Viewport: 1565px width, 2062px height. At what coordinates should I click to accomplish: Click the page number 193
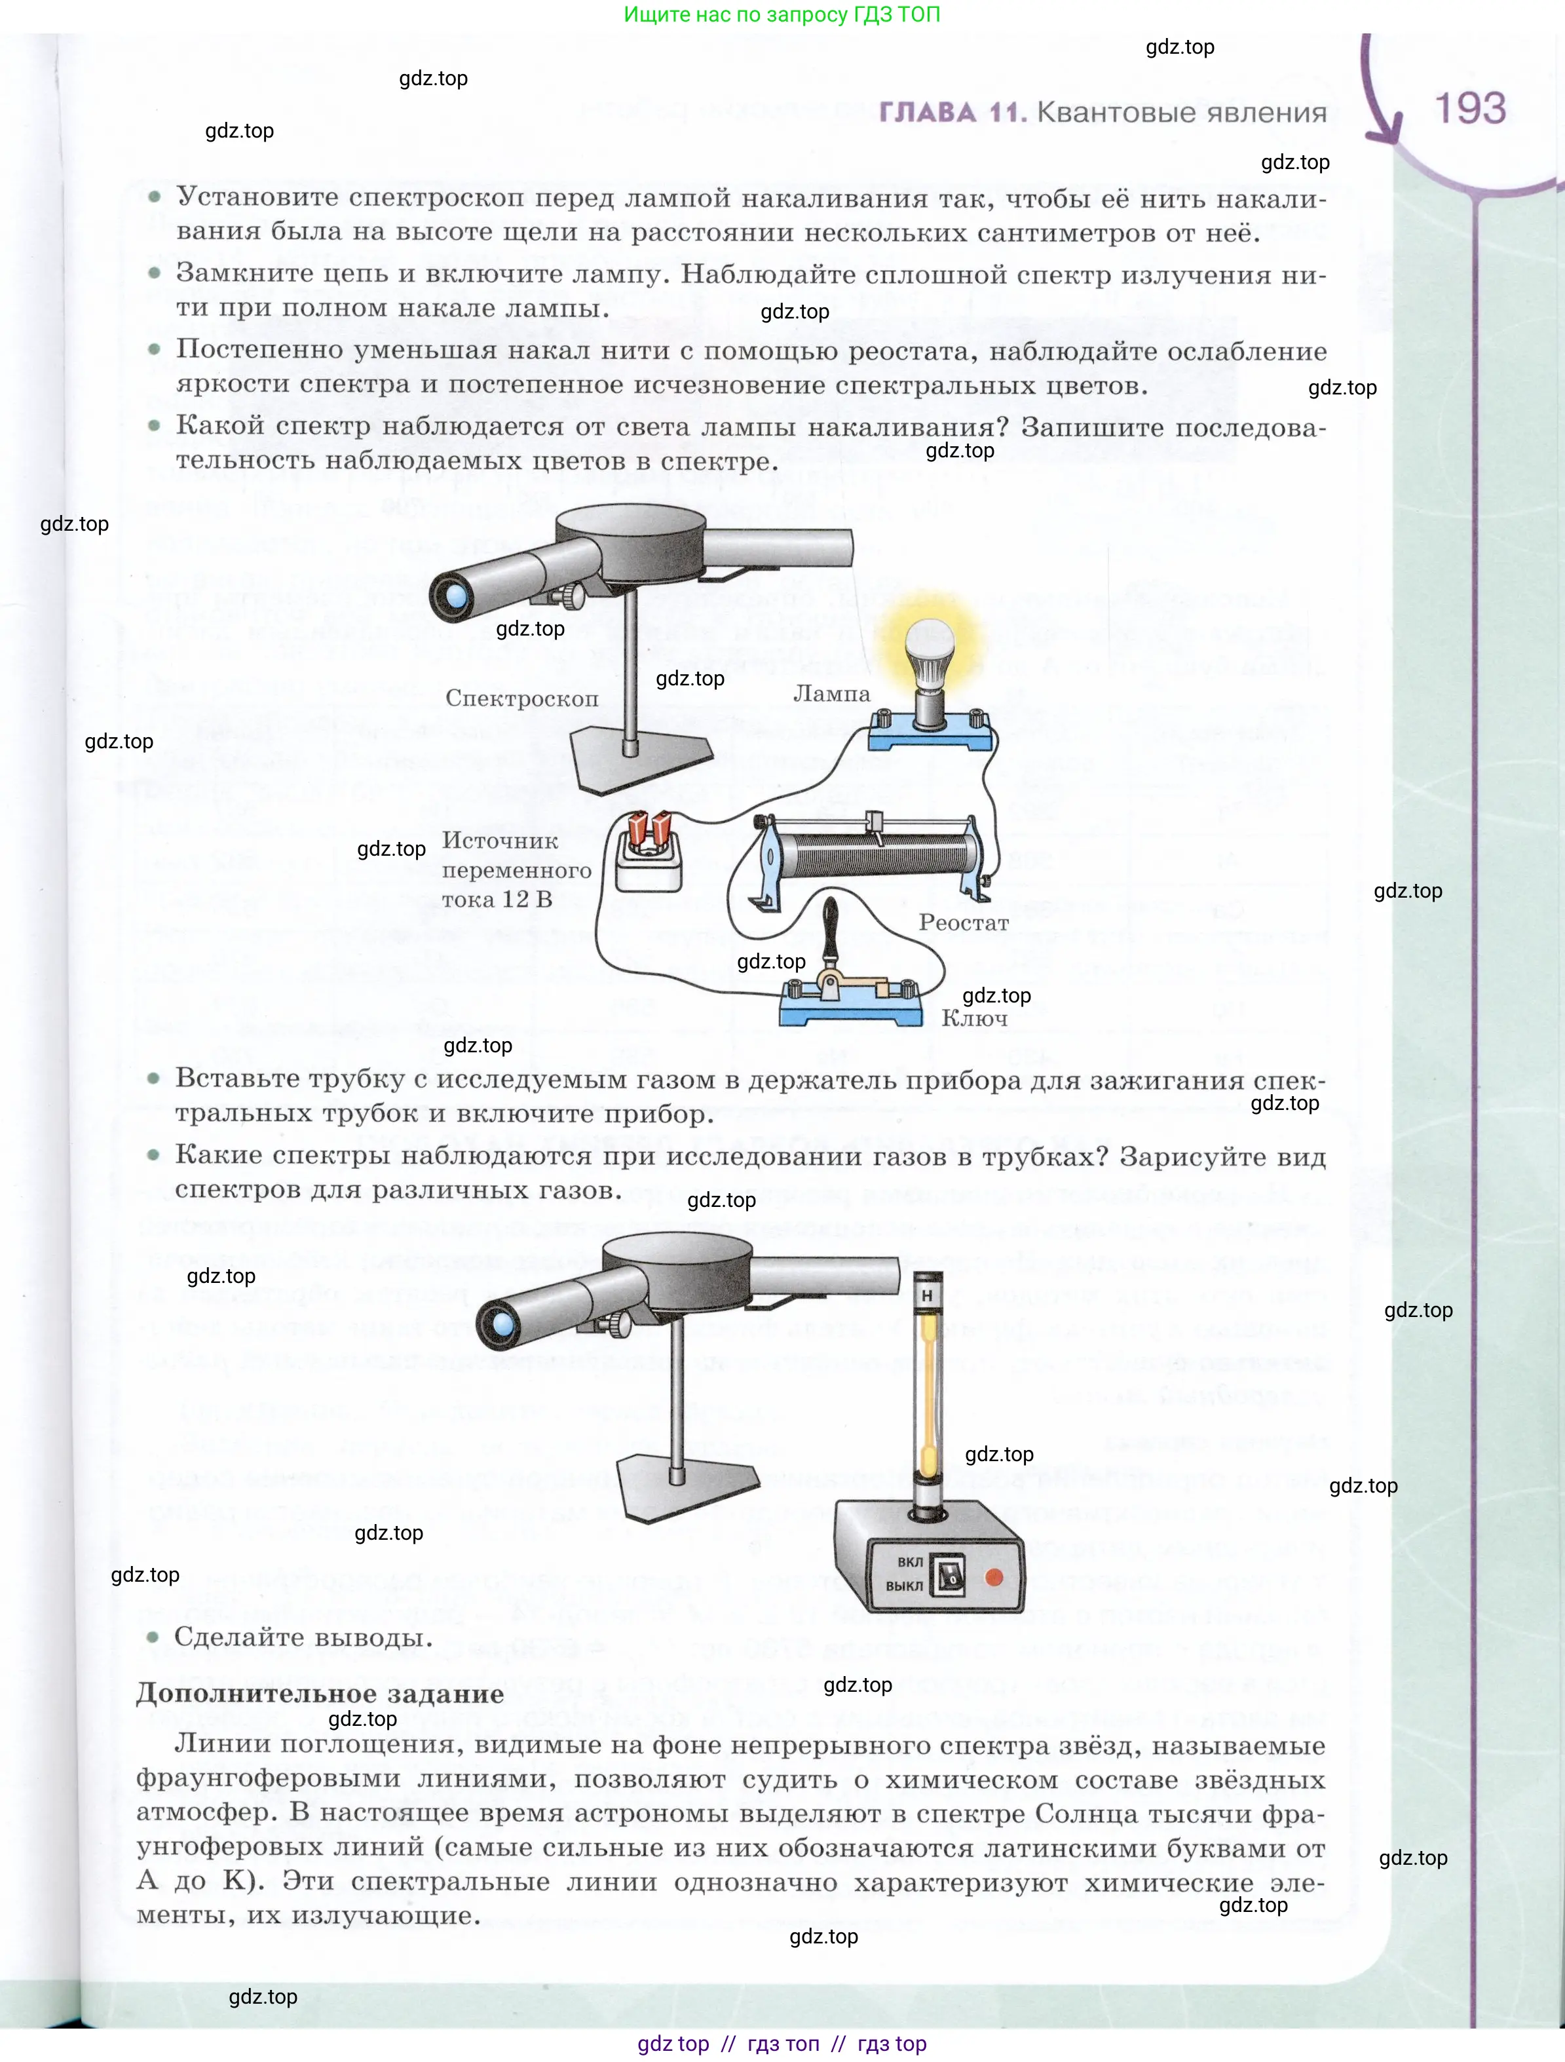coord(1470,108)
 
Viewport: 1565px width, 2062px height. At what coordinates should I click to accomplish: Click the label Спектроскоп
coord(522,699)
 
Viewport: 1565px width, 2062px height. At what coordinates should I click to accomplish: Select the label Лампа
coord(831,693)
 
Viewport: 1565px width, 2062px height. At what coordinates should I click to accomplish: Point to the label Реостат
coord(964,922)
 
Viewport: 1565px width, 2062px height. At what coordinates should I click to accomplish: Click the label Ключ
coord(974,1018)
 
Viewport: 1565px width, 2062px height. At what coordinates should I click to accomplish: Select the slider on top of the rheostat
coord(875,823)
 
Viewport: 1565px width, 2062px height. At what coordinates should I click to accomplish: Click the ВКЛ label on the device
coord(910,1561)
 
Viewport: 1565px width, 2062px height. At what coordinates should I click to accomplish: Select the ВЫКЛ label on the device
coord(904,1586)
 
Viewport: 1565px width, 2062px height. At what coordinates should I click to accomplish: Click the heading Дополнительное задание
coord(320,1694)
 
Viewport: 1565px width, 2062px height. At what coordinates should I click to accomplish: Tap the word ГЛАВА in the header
coord(928,112)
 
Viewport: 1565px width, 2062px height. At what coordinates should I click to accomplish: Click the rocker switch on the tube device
coord(949,1575)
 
